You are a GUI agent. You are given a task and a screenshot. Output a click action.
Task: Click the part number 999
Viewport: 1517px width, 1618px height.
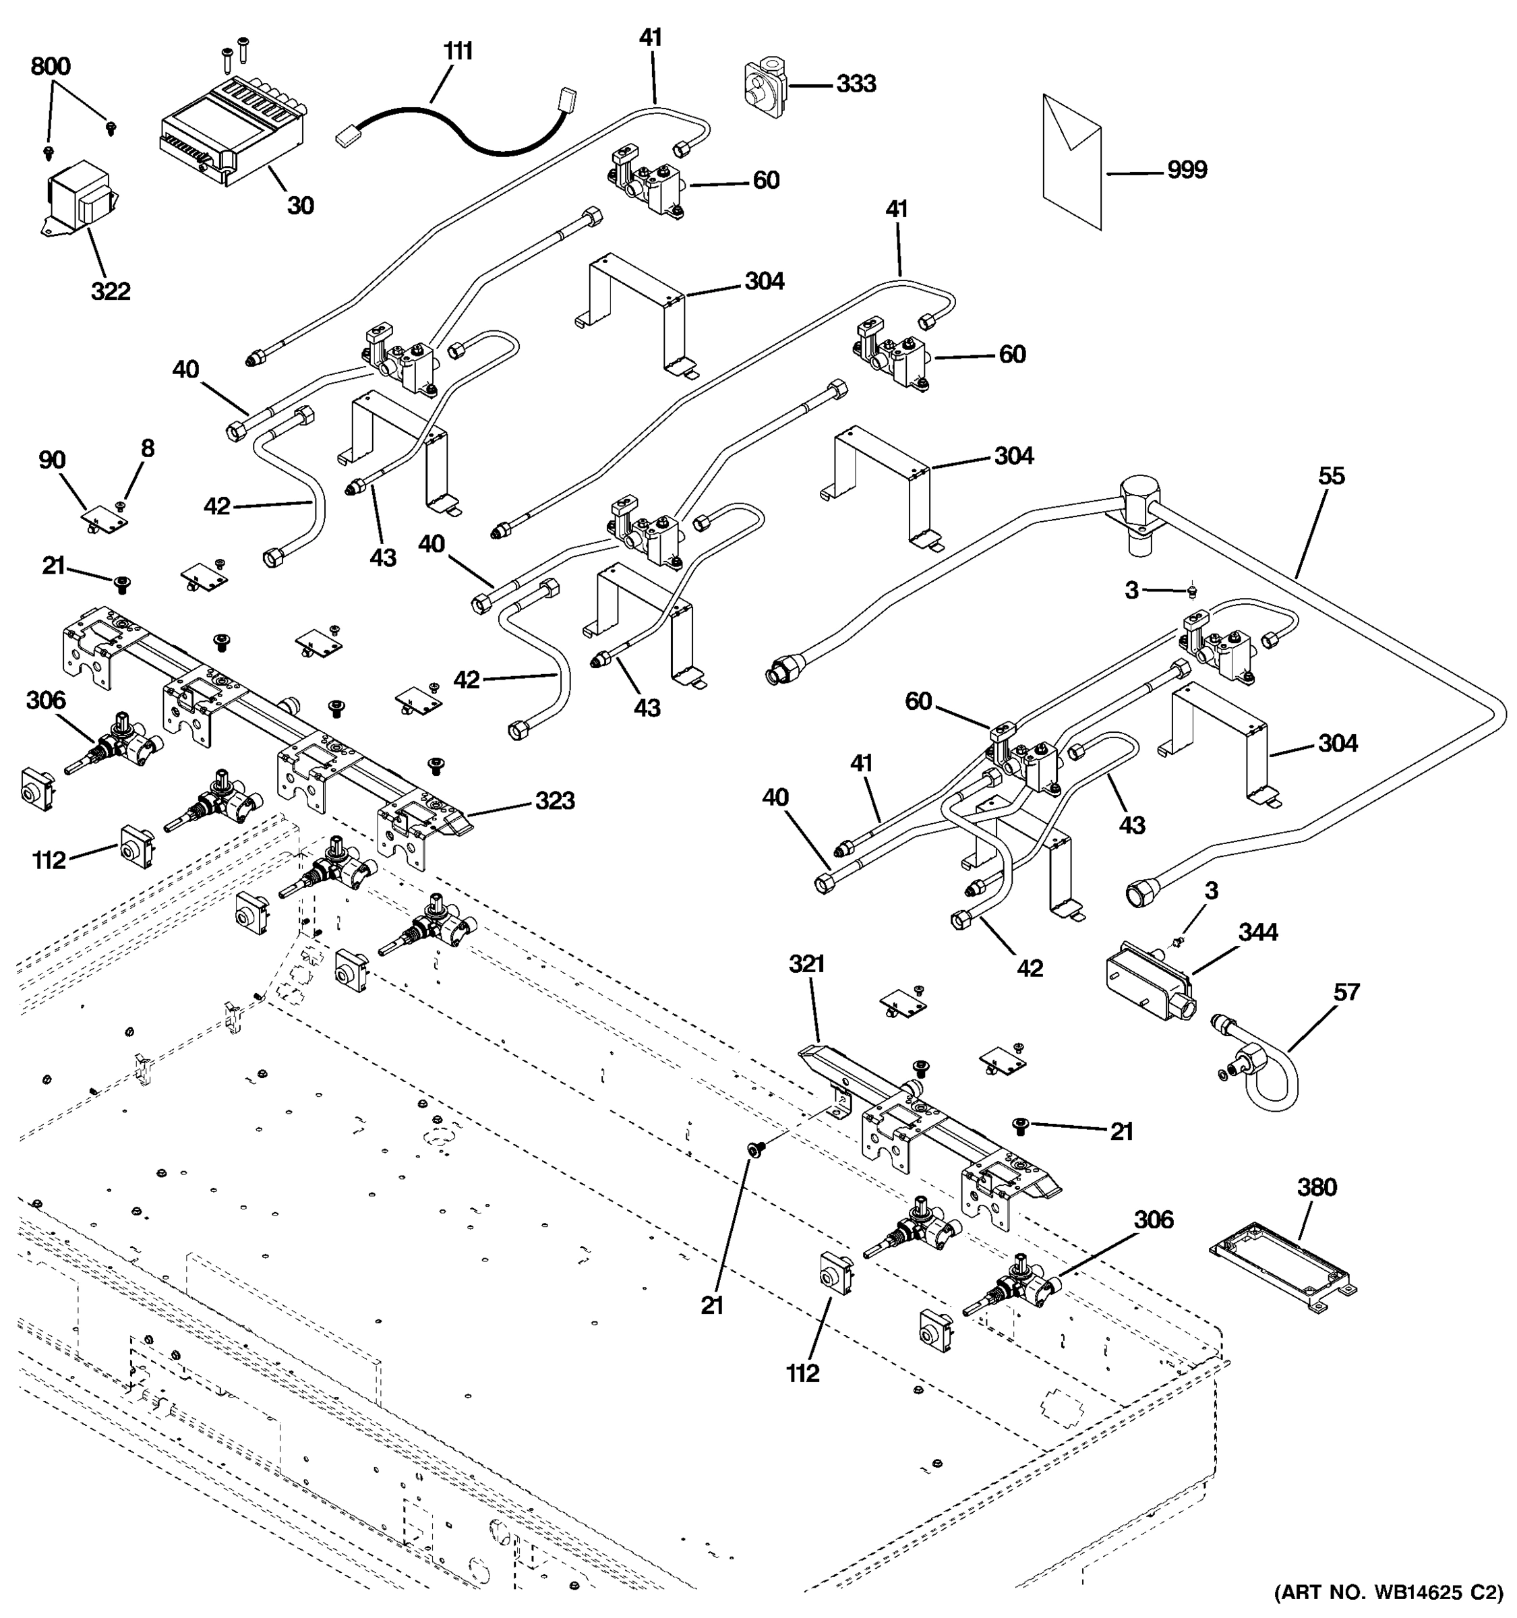(x=1187, y=170)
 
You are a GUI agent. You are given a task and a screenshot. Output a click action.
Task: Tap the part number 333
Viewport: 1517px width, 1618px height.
(x=856, y=84)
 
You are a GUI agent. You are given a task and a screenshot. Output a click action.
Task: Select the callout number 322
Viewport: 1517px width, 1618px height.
(x=110, y=291)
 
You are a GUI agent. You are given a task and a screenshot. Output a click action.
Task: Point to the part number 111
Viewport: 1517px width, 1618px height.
(x=458, y=51)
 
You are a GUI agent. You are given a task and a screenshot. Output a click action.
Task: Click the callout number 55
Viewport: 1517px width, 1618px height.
(x=1332, y=475)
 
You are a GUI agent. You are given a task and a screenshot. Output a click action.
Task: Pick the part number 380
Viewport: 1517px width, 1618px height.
(x=1317, y=1187)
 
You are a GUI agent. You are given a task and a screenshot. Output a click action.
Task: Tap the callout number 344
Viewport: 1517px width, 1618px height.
(x=1257, y=932)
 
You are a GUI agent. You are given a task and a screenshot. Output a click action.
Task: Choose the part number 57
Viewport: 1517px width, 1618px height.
(x=1346, y=992)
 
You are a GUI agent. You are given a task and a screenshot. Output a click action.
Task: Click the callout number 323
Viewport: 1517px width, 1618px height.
(x=554, y=801)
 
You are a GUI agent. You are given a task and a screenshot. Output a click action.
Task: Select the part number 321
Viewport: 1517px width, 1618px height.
(x=806, y=965)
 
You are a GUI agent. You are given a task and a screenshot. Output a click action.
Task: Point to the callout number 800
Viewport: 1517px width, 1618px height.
(x=51, y=67)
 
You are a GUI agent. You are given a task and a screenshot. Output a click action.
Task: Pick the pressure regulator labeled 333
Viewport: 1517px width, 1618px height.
(x=765, y=86)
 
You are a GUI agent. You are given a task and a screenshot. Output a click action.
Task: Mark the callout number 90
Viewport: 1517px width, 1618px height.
(x=51, y=460)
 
